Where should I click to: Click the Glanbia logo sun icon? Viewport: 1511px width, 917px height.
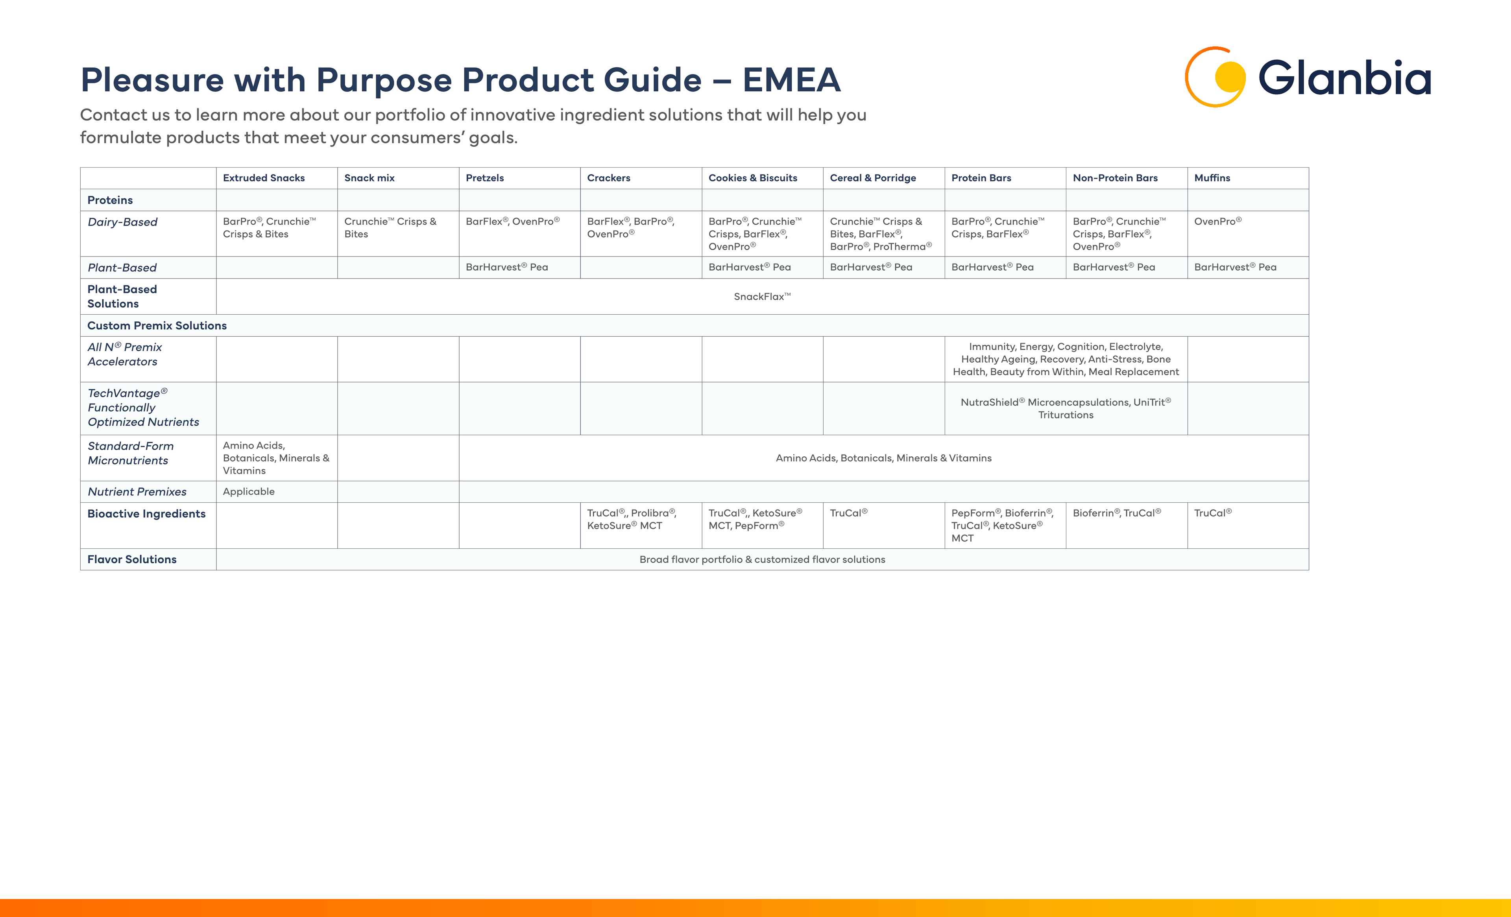coord(1215,77)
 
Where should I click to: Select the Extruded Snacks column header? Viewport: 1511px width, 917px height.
coord(264,178)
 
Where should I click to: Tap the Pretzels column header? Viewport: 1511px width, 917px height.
coord(484,178)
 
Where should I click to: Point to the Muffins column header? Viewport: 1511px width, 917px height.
coord(1212,178)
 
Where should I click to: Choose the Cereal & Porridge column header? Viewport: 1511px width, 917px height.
coord(873,178)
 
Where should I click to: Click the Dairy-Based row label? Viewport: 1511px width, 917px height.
coord(123,222)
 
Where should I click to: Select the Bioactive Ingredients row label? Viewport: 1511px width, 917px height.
coord(146,514)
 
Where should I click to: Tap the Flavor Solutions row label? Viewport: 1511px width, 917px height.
coord(132,559)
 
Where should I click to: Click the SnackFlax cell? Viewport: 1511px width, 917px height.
coord(762,297)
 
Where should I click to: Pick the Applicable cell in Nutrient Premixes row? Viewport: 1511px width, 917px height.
coord(248,492)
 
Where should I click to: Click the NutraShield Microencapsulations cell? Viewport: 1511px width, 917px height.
coord(1066,408)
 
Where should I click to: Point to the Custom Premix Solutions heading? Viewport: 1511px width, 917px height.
coord(157,325)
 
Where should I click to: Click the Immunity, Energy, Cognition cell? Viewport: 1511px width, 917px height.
coord(1066,359)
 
